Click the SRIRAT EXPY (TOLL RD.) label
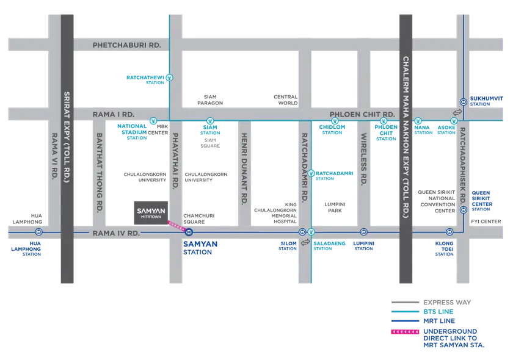pos(68,137)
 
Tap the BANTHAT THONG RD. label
pos(98,173)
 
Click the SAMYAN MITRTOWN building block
pos(150,212)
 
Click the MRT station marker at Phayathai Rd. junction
pos(189,232)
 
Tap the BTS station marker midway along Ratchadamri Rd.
pos(311,173)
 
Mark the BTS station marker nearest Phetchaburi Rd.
pos(169,77)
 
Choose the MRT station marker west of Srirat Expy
pos(38,232)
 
